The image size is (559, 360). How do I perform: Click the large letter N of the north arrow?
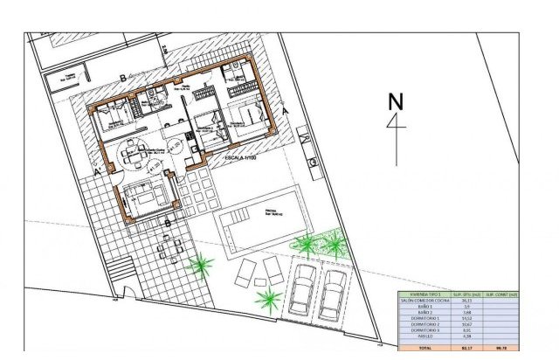tap(395, 101)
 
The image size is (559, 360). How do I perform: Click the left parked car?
tap(304, 289)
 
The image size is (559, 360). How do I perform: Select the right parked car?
tap(333, 294)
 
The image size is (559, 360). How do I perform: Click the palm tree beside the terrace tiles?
tap(202, 262)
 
